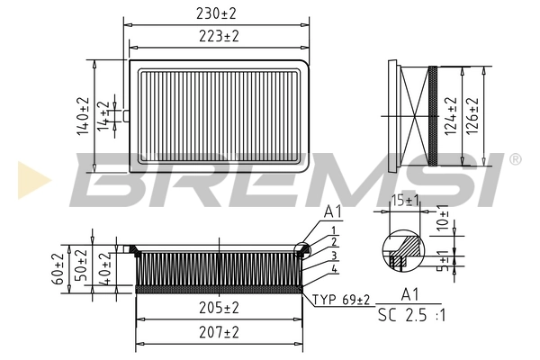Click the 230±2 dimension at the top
tap(217, 13)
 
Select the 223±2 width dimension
tap(217, 35)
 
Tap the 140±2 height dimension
tap(83, 116)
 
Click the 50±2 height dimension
tap(82, 267)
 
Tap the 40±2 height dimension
tap(104, 269)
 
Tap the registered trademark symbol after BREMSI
tap(515, 159)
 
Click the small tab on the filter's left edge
tap(127, 114)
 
